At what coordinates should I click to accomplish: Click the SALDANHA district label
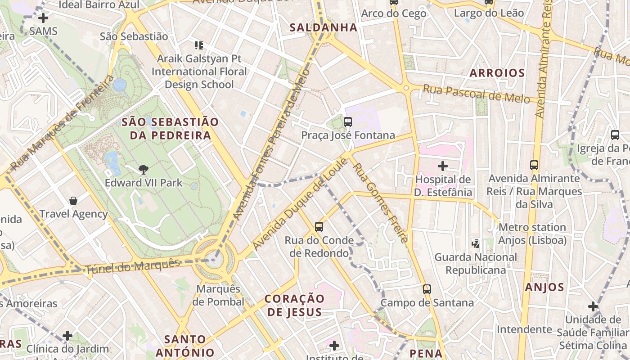coord(323,27)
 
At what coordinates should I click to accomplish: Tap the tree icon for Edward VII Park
coord(144,170)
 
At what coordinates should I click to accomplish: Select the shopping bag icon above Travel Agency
coord(73,200)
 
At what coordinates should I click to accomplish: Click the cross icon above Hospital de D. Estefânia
coord(443,166)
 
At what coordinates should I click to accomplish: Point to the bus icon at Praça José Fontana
coord(347,121)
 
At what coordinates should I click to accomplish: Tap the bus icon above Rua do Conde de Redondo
coord(319,226)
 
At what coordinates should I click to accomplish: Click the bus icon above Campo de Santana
coord(427,289)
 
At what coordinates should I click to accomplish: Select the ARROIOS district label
coord(497,73)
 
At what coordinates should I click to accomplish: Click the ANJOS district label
coord(544,287)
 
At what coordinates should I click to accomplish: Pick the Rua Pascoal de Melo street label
coord(476,94)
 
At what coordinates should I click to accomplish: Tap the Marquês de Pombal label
coord(218,295)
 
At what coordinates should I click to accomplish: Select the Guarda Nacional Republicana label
coord(476,264)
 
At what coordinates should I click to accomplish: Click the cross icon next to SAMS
coord(43,18)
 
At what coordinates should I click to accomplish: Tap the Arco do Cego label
coord(393,13)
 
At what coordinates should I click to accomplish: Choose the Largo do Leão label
coord(489,13)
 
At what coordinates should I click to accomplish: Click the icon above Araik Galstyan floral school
coord(198,45)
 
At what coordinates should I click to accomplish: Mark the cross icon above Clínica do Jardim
coord(67,336)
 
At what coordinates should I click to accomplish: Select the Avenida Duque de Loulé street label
coord(300,204)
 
